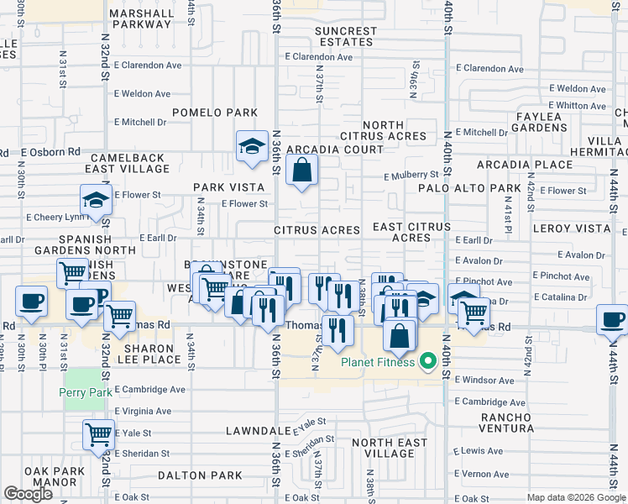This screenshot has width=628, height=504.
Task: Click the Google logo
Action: coord(28,494)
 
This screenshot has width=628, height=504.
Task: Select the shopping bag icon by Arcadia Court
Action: coord(301,171)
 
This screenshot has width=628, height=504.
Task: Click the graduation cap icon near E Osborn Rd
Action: coord(251,146)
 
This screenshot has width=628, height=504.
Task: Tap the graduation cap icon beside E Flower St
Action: coord(96,202)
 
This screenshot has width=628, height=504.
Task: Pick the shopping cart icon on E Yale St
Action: coord(98,435)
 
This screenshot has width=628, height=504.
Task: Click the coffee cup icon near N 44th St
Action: coord(612,319)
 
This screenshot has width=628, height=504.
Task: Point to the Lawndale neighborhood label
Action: coord(258,431)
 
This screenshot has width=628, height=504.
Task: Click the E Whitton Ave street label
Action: coord(578,106)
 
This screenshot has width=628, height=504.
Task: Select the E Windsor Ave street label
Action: coord(484,381)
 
